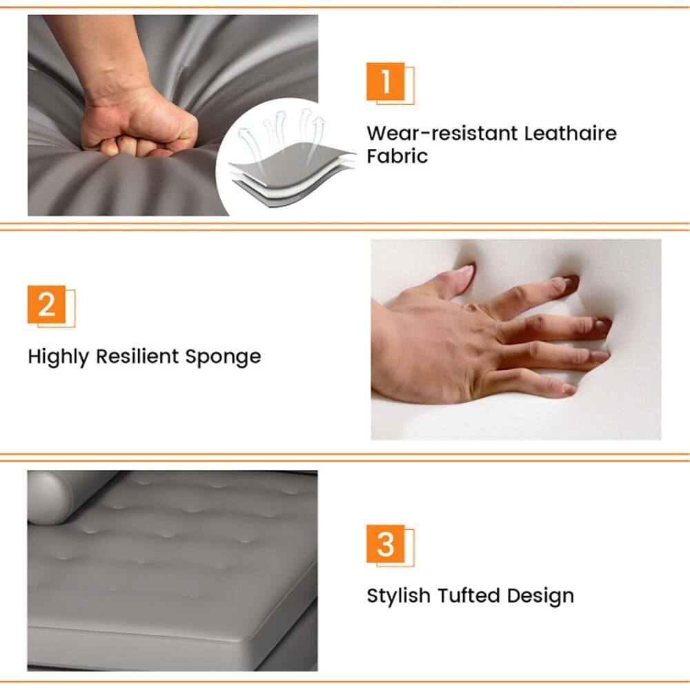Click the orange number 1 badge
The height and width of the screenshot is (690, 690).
[x=385, y=81]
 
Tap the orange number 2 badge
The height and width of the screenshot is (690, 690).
[x=46, y=304]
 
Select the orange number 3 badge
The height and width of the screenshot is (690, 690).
[x=385, y=544]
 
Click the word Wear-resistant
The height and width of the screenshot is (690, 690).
[x=442, y=132]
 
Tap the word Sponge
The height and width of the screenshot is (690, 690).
[x=224, y=357]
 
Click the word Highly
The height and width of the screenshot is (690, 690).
[x=59, y=357]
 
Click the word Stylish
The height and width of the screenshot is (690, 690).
[x=399, y=595]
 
